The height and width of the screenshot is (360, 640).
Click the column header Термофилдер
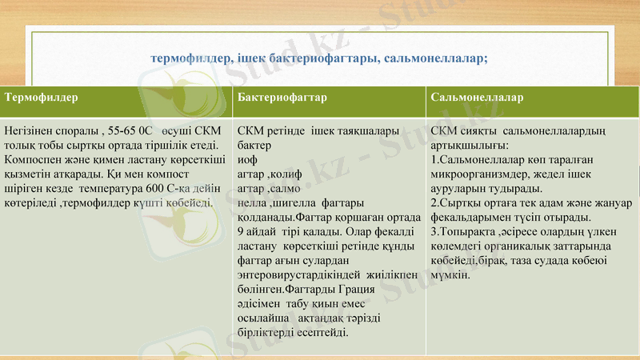click(42, 98)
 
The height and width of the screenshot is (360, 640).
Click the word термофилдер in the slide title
click(189, 58)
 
